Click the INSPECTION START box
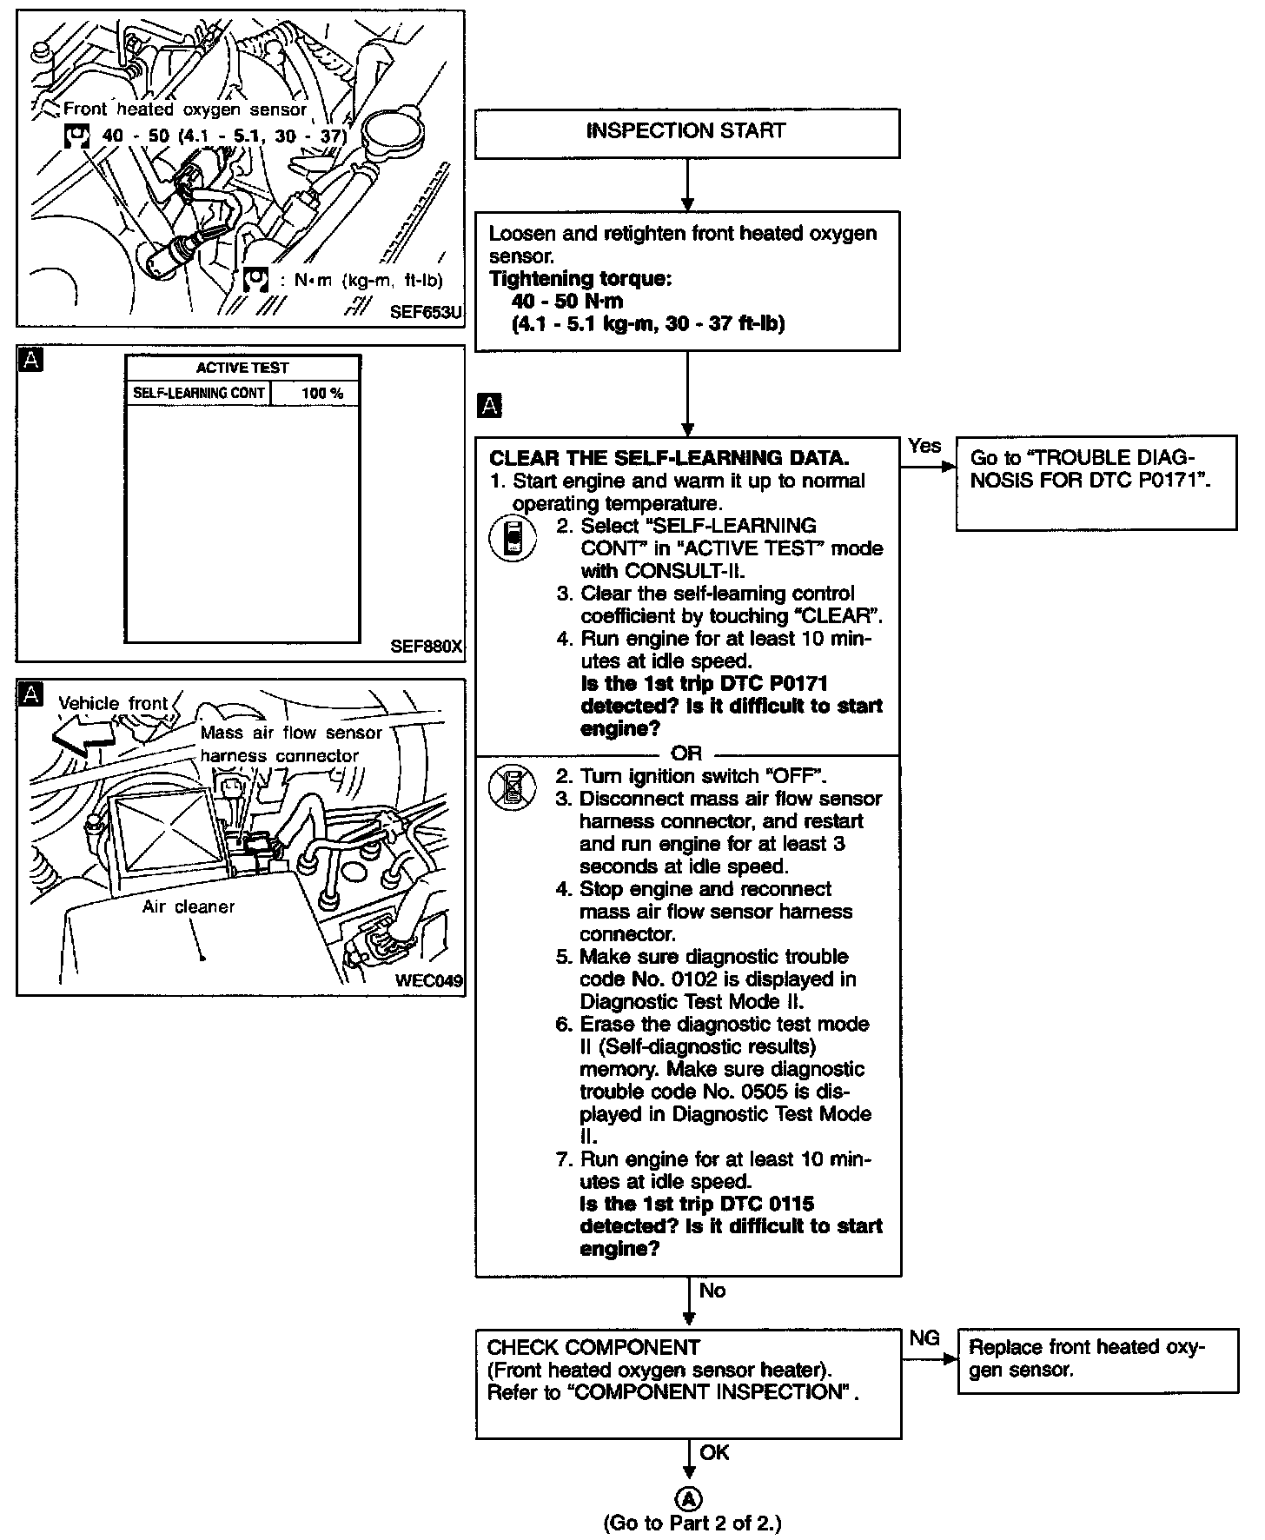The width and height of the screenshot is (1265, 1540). click(x=686, y=132)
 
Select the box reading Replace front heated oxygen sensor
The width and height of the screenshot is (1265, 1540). click(x=1096, y=1360)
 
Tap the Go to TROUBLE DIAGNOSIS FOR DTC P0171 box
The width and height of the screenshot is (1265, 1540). click(x=1095, y=481)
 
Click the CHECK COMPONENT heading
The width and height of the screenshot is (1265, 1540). click(x=593, y=1347)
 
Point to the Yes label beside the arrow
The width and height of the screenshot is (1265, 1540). click(x=924, y=446)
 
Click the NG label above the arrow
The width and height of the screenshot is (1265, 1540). click(x=924, y=1338)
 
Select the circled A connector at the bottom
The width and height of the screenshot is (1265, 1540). click(x=688, y=1498)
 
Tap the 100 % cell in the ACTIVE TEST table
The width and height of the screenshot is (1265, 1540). click(x=322, y=394)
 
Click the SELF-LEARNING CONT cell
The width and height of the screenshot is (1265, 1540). click(x=199, y=394)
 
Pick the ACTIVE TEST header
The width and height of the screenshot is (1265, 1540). click(x=242, y=368)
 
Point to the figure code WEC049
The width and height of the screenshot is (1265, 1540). click(x=428, y=981)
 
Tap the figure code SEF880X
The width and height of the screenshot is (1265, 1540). click(x=427, y=647)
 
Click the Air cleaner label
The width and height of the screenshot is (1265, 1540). click(x=189, y=907)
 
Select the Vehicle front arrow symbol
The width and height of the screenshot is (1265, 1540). click(x=83, y=733)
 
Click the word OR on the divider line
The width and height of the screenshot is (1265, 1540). click(x=686, y=754)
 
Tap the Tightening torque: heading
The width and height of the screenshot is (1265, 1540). click(x=580, y=279)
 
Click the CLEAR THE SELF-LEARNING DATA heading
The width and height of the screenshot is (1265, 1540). click(x=669, y=458)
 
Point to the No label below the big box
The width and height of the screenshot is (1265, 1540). click(x=712, y=1291)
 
